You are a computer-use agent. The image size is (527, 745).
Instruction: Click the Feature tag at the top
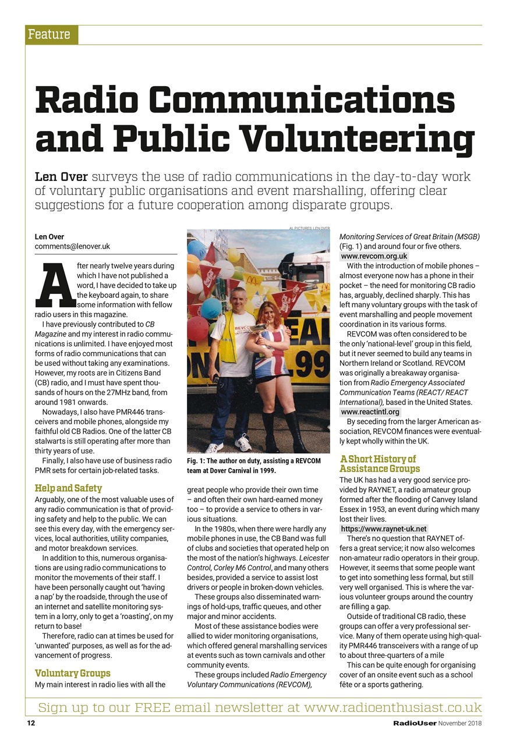point(49,35)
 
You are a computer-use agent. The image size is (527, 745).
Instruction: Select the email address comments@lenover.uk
point(72,246)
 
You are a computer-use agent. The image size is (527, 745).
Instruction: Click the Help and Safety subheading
point(68,488)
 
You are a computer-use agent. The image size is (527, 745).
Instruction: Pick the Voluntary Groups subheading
point(72,673)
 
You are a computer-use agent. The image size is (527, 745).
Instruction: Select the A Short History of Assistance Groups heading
point(379,464)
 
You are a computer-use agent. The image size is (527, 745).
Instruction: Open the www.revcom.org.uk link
point(374,256)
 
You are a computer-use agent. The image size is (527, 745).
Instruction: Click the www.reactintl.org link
point(370,412)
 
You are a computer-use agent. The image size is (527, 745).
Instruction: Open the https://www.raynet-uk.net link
point(384,529)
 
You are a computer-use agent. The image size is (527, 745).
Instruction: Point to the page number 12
point(31,723)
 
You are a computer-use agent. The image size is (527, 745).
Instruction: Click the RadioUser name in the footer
point(414,723)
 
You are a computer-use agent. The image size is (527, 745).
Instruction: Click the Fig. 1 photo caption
point(254,466)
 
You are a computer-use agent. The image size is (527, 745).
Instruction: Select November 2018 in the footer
point(460,723)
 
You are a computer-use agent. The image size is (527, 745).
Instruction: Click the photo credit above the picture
point(309,228)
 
